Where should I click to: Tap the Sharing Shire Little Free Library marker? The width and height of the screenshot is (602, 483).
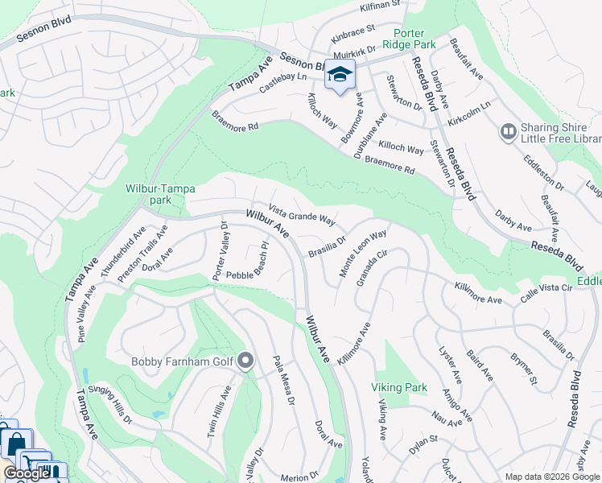[508, 130]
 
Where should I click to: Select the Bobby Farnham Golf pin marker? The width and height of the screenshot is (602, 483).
[246, 361]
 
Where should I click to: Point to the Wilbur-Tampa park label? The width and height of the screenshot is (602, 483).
[159, 194]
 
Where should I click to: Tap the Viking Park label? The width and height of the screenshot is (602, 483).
[399, 387]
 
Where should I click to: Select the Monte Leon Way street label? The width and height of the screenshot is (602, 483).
[363, 254]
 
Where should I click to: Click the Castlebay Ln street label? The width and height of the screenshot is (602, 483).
[285, 80]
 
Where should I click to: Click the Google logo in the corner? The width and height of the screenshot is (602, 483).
[27, 473]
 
